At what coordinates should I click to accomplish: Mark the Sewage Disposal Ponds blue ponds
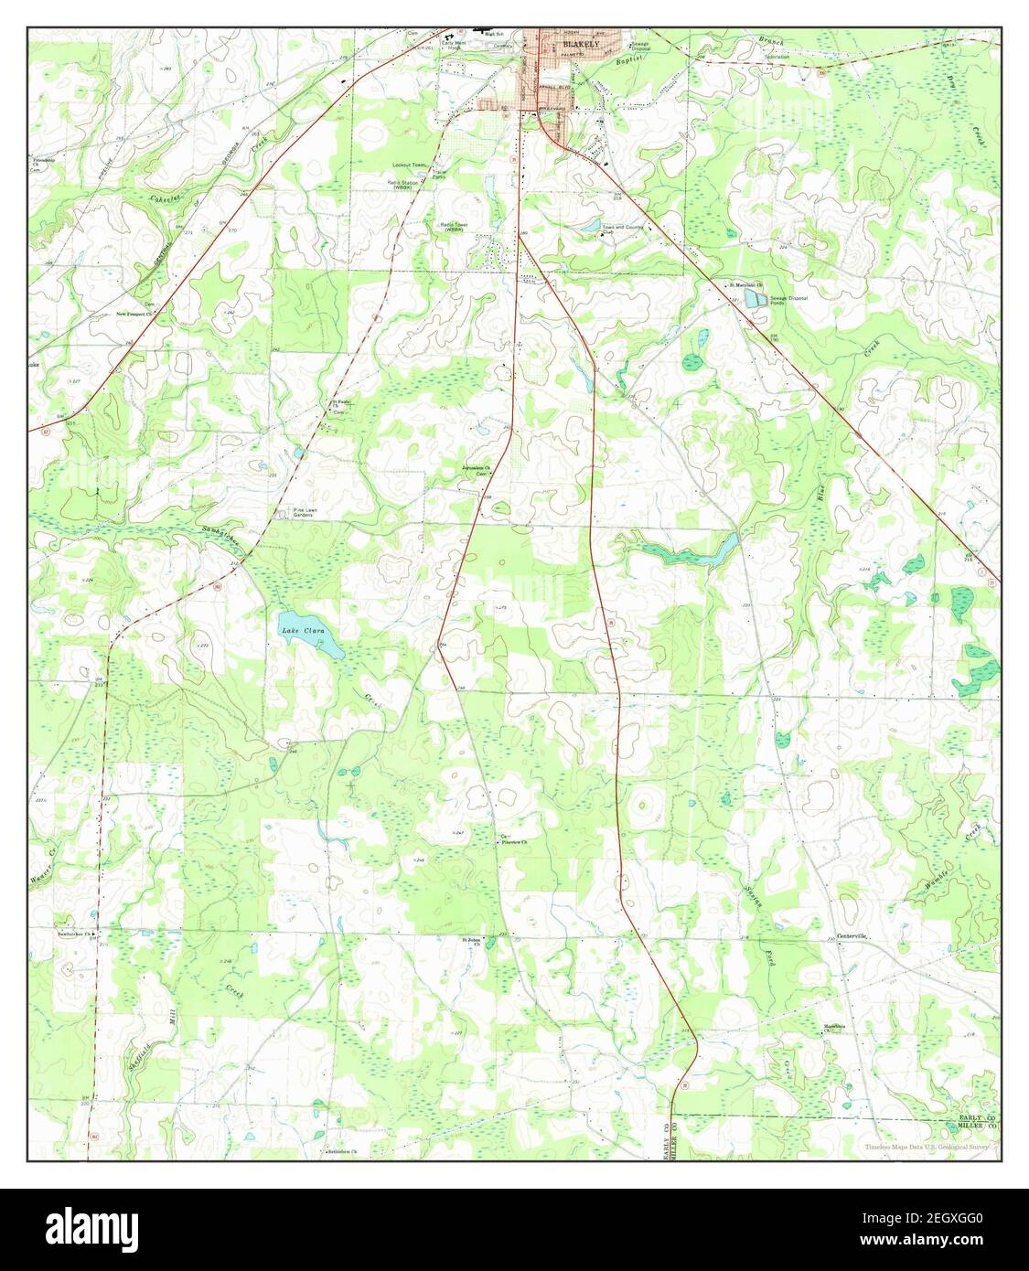click(x=754, y=298)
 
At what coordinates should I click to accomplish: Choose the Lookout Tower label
click(x=410, y=166)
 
